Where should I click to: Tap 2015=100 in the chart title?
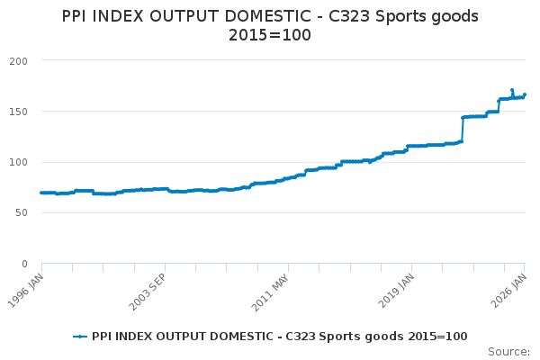tap(270, 36)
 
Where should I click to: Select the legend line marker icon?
tap(81, 336)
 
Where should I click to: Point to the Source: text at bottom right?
tap(508, 351)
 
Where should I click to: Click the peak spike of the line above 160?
tap(512, 90)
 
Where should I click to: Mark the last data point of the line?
tap(525, 94)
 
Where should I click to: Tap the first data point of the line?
tap(41, 193)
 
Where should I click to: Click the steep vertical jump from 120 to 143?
tap(462, 129)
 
